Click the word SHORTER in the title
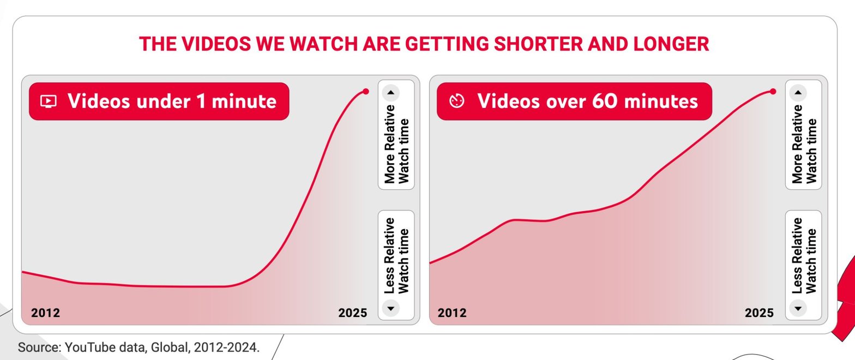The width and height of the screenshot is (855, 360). click(x=538, y=44)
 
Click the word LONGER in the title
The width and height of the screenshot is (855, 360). click(x=671, y=44)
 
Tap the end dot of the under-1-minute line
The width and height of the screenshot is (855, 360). click(x=366, y=92)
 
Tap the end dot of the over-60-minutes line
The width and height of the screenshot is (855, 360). click(x=773, y=92)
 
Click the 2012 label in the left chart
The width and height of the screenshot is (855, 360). click(x=45, y=313)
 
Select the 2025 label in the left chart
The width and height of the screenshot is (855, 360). click(x=352, y=313)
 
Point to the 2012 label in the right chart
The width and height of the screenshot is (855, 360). click(x=452, y=313)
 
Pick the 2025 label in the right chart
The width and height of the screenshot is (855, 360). click(x=759, y=313)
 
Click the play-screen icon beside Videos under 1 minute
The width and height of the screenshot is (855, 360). click(x=49, y=101)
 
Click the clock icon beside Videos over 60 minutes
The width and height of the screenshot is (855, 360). click(x=457, y=101)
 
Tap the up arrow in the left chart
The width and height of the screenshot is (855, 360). click(x=390, y=93)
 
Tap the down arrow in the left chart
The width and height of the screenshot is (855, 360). click(x=390, y=308)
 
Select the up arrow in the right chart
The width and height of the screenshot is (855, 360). click(x=798, y=93)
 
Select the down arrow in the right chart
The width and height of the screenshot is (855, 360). click(x=798, y=308)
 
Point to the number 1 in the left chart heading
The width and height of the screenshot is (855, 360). click(x=201, y=101)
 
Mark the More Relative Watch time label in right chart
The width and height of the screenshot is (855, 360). click(x=804, y=145)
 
